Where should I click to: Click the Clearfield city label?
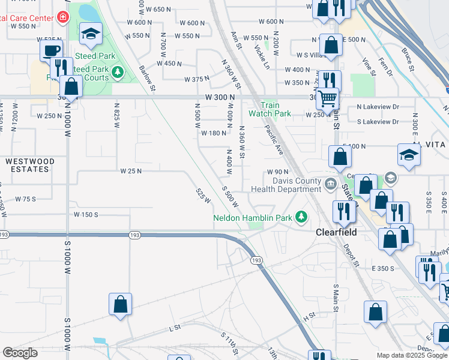click(x=336, y=232)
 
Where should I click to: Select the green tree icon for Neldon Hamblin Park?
click(x=304, y=217)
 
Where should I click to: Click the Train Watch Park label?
click(x=270, y=109)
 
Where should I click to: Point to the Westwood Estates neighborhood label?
click(x=30, y=166)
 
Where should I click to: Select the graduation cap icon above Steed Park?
click(x=91, y=35)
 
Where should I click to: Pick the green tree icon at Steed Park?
click(x=118, y=73)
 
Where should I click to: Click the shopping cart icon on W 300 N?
click(x=327, y=97)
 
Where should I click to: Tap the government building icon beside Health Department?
click(x=329, y=183)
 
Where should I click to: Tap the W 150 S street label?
click(x=86, y=214)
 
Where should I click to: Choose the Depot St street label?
click(x=351, y=255)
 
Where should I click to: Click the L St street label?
click(x=175, y=328)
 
